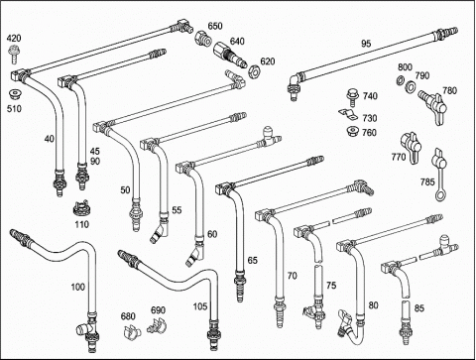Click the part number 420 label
click(x=14, y=38)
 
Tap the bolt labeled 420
click(x=14, y=55)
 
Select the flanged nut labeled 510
click(x=14, y=94)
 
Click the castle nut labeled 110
click(x=80, y=208)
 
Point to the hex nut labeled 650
click(x=202, y=39)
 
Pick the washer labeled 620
click(x=255, y=70)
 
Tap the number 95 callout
click(x=366, y=44)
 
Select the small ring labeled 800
click(x=400, y=79)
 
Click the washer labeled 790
click(x=412, y=86)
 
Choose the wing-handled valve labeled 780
click(x=433, y=106)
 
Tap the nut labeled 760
click(x=353, y=132)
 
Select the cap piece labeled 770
click(x=411, y=147)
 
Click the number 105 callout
click(x=200, y=306)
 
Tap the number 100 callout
click(x=78, y=287)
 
